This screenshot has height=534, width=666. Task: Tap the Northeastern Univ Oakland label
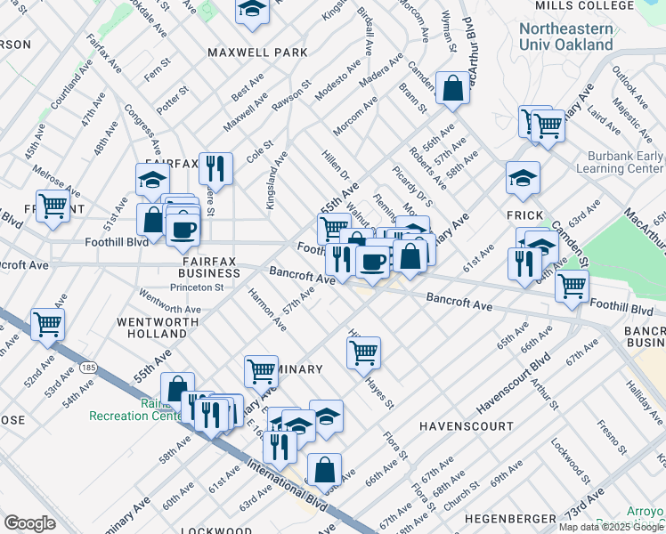pos(566,36)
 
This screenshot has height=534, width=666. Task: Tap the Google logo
pos(29,523)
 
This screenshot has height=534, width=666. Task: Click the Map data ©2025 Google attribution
pos(612,527)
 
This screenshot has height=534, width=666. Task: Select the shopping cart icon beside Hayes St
pos(363,352)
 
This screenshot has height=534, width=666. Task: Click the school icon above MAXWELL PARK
pos(253,11)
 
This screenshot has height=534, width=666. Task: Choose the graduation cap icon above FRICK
pos(523,177)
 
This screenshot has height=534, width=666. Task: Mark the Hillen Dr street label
pos(335,166)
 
